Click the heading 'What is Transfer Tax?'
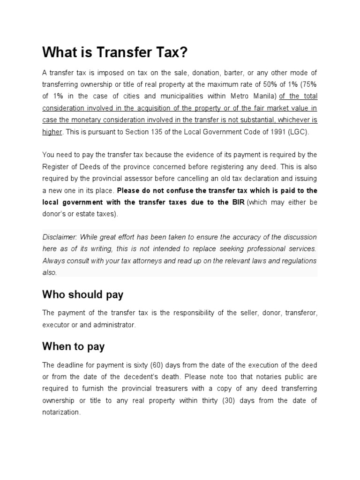[x=114, y=52]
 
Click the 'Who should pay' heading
[x=82, y=294]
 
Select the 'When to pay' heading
[x=73, y=346]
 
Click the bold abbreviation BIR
[x=237, y=202]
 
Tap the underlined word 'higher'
[x=52, y=132]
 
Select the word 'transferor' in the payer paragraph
[x=301, y=313]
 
